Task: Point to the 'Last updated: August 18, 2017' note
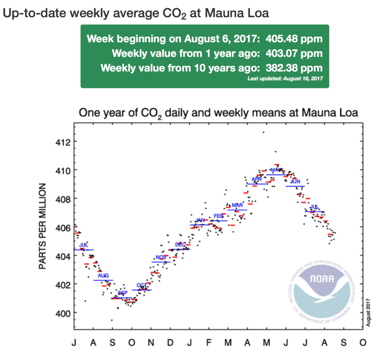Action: tap(285, 78)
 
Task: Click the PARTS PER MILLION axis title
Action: tap(42, 227)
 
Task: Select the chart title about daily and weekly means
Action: tap(218, 113)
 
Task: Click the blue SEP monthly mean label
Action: tap(123, 293)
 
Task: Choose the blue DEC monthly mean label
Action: tap(180, 244)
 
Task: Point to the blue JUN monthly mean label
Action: tap(295, 181)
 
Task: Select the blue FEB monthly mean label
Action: tap(219, 216)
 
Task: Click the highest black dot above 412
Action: tap(264, 132)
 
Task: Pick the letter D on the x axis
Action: tap(170, 343)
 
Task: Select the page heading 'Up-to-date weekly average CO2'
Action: tap(136, 13)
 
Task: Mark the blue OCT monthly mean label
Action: tap(142, 285)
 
